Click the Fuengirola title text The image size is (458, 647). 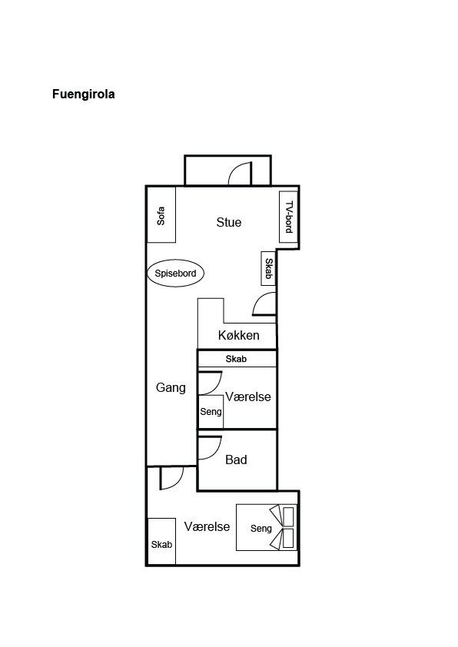83,95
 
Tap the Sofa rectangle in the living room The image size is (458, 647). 161,214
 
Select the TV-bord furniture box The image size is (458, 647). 288,217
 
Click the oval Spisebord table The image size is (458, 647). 175,273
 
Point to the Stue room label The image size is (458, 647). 228,222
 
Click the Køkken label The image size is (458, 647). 238,335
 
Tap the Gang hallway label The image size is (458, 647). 171,387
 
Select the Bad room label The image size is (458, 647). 236,460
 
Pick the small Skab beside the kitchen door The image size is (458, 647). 268,269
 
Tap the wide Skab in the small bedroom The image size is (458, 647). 237,359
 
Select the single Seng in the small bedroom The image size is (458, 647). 211,411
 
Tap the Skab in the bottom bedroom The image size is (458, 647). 161,542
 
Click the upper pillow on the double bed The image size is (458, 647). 288,516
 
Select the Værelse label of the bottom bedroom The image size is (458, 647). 207,526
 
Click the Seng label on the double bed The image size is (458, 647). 261,529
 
